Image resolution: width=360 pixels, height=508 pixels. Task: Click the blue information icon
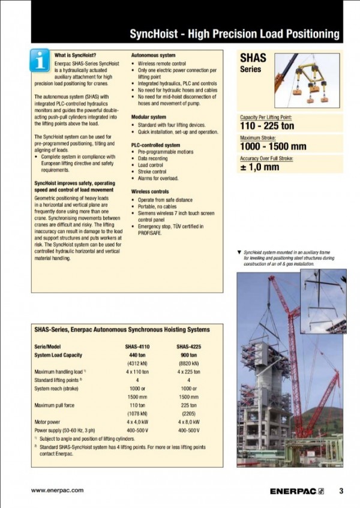tap(40, 60)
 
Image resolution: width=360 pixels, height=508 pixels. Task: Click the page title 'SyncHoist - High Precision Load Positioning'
tap(234, 34)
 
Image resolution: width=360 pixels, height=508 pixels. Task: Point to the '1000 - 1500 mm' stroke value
tap(273, 146)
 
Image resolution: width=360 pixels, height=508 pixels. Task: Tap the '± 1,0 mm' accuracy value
tap(260, 167)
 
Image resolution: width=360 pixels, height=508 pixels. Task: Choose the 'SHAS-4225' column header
tap(188, 347)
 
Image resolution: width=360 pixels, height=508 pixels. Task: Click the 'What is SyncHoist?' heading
tap(75, 55)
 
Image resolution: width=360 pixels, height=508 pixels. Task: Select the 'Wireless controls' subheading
tap(150, 191)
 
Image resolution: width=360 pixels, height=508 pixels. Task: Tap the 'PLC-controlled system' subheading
tap(155, 145)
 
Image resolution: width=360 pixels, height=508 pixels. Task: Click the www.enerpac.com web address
tap(57, 490)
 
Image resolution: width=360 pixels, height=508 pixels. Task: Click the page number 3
tap(341, 491)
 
